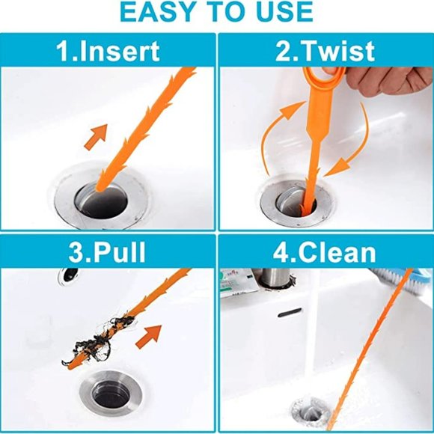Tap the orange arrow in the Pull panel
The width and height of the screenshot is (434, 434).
[153, 334]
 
